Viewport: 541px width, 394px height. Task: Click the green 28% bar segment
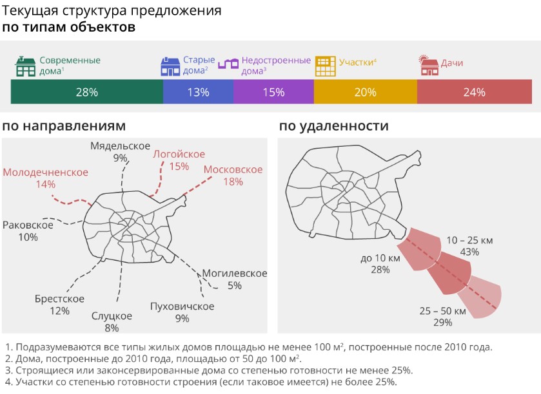86,92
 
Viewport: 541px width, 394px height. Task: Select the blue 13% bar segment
198,92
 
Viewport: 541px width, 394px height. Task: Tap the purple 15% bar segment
273,92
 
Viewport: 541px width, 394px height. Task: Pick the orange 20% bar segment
365,92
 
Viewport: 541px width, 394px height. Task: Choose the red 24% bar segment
474,92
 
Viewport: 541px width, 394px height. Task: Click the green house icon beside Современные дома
26,66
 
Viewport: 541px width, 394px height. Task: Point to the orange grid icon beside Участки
324,65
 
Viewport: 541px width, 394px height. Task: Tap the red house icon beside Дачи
428,65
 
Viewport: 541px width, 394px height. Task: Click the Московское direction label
233,169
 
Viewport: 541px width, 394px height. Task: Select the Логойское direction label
179,154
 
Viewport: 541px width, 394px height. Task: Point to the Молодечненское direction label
45,172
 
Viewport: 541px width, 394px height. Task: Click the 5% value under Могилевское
234,285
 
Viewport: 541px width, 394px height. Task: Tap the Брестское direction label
59,299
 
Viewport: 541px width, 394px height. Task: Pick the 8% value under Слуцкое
112,328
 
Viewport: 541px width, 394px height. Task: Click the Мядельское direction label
120,145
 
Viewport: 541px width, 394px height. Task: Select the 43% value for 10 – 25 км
469,252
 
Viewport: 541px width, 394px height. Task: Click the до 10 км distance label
380,258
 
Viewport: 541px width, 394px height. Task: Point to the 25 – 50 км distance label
442,311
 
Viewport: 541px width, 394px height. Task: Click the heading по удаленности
333,126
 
